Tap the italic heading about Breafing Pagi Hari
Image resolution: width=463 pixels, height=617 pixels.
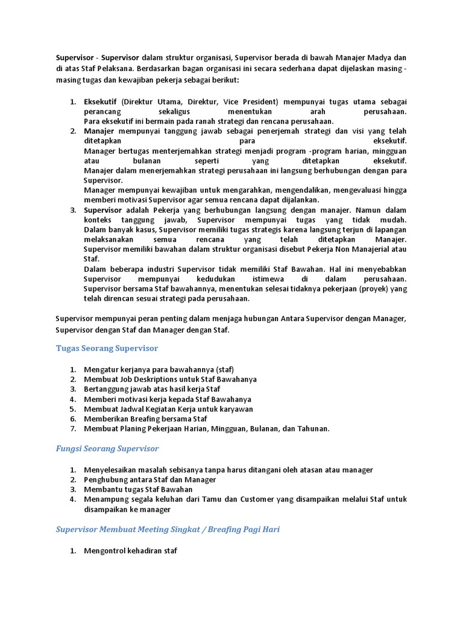168,529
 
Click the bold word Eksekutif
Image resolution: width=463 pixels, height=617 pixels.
100,102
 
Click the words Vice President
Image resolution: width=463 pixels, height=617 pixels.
251,102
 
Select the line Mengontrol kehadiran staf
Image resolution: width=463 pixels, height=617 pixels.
131,551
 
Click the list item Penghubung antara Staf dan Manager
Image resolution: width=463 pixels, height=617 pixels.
150,480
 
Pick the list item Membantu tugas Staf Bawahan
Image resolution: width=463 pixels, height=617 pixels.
138,489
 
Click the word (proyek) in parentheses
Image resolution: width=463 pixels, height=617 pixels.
371,289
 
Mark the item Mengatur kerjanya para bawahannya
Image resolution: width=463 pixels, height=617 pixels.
159,369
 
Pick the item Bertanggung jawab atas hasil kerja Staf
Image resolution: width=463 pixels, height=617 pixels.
152,389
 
